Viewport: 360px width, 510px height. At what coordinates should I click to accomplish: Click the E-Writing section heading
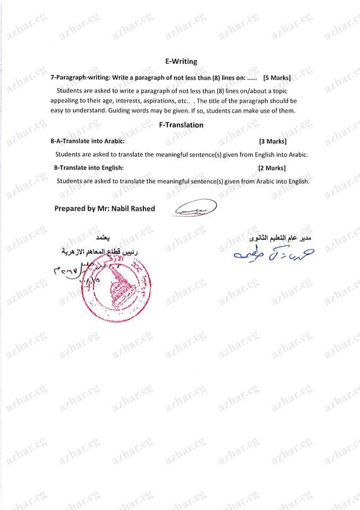(181, 61)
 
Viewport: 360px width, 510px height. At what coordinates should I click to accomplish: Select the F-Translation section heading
(181, 125)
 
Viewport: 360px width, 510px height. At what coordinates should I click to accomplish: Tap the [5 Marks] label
(277, 78)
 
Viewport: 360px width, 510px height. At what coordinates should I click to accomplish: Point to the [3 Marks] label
(272, 142)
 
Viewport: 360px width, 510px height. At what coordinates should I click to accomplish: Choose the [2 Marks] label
(271, 168)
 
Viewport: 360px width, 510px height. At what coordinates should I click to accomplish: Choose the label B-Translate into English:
(89, 168)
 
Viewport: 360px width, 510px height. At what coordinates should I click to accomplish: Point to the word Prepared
(70, 209)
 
